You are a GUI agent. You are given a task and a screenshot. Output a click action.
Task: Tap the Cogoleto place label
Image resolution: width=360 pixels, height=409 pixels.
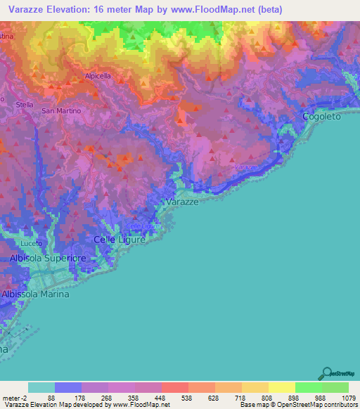[321, 117]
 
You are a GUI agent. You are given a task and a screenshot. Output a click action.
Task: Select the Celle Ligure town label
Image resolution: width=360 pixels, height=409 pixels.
[120, 240]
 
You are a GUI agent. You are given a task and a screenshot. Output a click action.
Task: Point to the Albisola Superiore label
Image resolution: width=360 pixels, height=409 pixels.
[47, 259]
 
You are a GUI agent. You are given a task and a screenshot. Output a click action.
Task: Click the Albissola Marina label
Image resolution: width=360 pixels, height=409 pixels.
[36, 294]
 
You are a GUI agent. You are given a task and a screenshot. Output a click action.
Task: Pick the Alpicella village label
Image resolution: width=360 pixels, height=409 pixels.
[98, 75]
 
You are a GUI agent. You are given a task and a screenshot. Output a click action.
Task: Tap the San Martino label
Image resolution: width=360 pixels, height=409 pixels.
[62, 111]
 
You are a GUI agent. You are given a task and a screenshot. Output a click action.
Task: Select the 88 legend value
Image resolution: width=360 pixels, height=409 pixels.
[51, 397]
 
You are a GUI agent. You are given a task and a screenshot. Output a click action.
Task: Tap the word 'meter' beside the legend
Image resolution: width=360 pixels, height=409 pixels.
[10, 397]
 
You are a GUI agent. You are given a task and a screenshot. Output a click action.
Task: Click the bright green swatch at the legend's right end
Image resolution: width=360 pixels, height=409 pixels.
[335, 387]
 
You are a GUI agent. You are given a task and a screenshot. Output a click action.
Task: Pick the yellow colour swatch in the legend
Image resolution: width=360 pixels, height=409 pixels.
[281, 387]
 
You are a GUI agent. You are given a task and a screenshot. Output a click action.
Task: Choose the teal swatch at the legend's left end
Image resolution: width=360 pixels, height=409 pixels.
[41, 387]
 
